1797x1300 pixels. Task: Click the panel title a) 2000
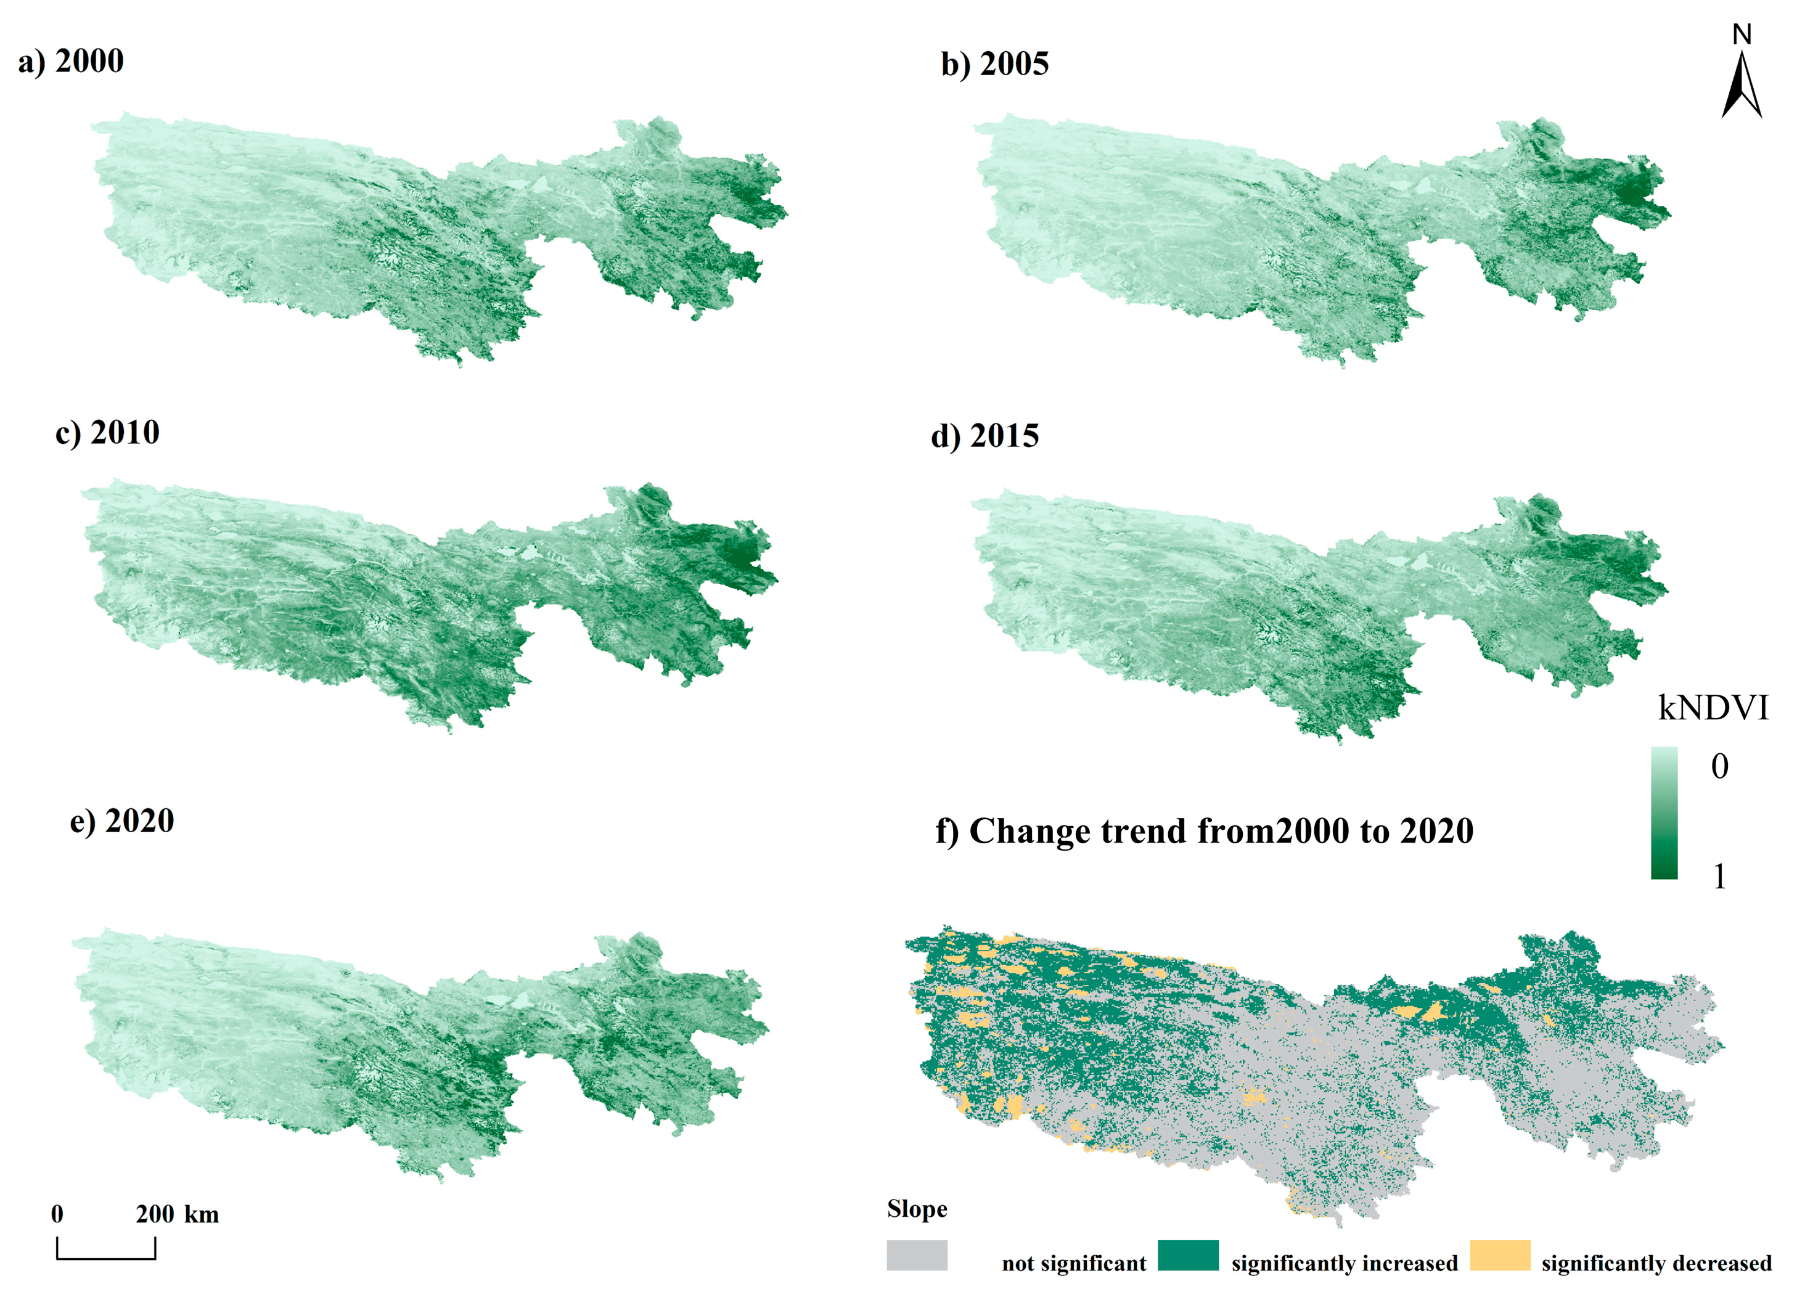click(72, 62)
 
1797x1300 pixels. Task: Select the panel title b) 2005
click(994, 64)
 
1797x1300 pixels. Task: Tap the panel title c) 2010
click(108, 433)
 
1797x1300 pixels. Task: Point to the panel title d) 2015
click(985, 436)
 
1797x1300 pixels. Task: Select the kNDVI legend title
click(1713, 708)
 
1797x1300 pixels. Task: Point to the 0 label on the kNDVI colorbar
click(1719, 766)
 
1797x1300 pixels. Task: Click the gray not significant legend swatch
click(917, 1256)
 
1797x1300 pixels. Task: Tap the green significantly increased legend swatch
click(1188, 1256)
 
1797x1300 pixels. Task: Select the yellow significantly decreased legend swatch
click(1500, 1256)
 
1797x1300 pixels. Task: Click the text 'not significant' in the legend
click(1074, 1264)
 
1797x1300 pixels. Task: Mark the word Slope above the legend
click(917, 1209)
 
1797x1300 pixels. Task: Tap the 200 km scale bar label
click(177, 1214)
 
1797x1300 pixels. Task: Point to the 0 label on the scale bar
click(57, 1214)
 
